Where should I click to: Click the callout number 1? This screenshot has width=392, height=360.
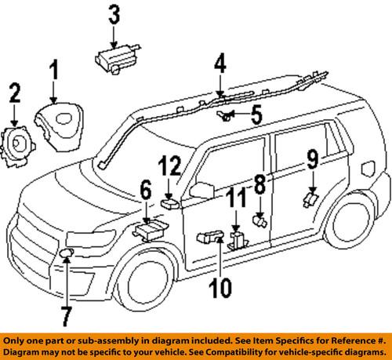54,73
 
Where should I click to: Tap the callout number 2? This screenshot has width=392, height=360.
13,96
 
